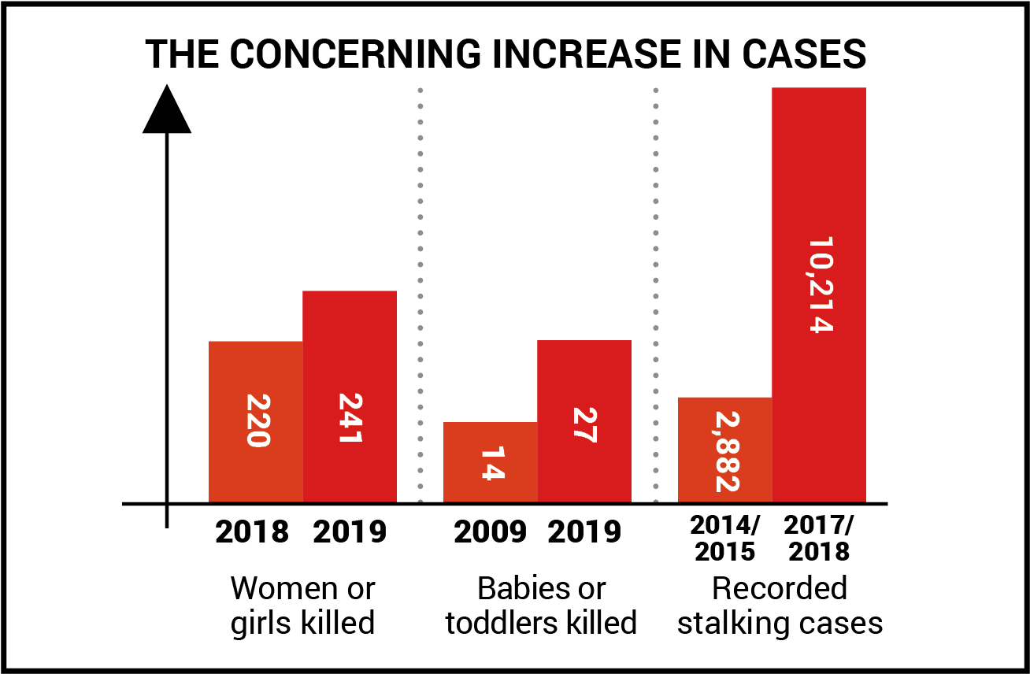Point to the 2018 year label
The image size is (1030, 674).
point(252,532)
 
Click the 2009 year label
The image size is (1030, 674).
point(490,532)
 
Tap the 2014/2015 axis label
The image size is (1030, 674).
point(724,538)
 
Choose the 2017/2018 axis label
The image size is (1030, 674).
point(819,538)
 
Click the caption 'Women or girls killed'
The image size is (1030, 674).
point(302,605)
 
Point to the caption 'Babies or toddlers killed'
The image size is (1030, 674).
point(541,605)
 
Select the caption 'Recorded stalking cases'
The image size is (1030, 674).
point(780,605)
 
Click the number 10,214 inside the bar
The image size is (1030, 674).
point(820,285)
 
